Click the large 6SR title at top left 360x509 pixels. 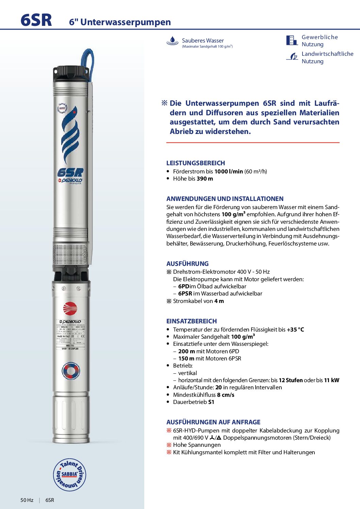click(36, 20)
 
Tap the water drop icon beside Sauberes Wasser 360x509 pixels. click(173, 41)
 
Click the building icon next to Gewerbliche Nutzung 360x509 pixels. click(292, 40)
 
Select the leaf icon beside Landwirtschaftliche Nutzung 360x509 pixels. click(292, 57)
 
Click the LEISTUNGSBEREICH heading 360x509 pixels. click(196, 163)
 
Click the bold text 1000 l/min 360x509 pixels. click(228, 171)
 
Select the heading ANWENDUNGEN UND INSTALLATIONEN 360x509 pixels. click(225, 199)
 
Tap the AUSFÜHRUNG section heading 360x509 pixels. click(187, 264)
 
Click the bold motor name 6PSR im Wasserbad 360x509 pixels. click(185, 293)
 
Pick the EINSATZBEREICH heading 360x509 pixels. click(192, 321)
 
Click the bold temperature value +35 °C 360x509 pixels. click(295, 329)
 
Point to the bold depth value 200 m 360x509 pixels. click(186, 351)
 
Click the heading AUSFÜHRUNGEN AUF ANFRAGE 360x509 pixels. click(213, 422)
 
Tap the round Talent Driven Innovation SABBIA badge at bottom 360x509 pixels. click(70, 475)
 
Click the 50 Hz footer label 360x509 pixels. click(27, 500)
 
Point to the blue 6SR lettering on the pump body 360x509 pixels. click(70, 173)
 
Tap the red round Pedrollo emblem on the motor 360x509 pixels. click(70, 309)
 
